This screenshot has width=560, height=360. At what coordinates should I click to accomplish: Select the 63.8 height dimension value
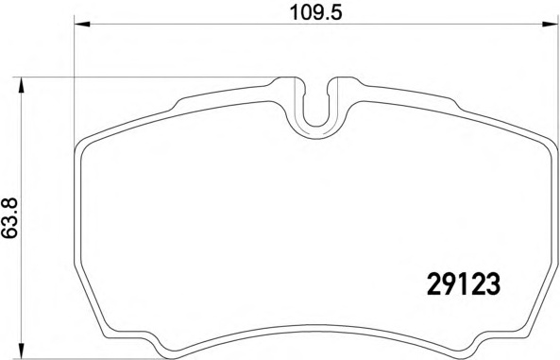[12, 219]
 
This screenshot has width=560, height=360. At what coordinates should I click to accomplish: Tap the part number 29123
[458, 283]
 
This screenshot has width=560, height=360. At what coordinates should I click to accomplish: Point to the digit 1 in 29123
[457, 283]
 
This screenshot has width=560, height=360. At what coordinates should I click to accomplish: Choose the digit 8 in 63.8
[12, 204]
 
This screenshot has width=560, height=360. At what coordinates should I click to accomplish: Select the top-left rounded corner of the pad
[83, 144]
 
